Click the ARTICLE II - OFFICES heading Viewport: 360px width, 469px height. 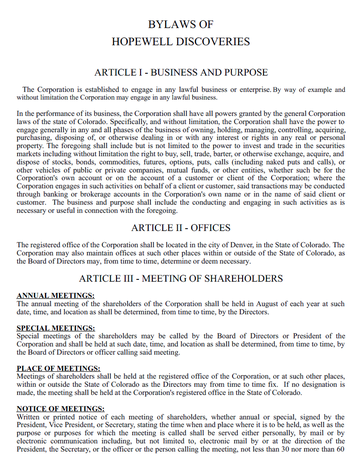(x=180, y=227)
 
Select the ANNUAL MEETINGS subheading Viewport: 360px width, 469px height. (x=56, y=296)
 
